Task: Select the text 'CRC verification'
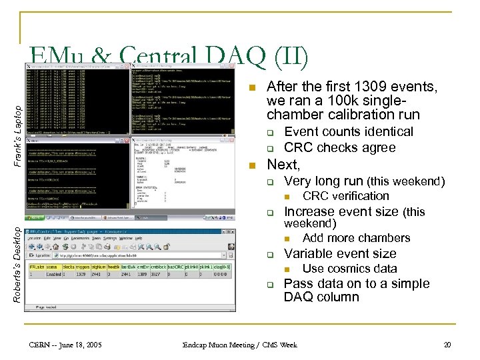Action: (x=345, y=196)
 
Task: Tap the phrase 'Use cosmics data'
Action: (x=349, y=269)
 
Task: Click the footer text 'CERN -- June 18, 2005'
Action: (x=65, y=345)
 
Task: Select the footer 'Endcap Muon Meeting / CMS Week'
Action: (x=239, y=345)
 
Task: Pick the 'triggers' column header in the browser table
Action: (x=97, y=265)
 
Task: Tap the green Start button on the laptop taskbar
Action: (x=31, y=217)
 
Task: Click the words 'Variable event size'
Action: (x=340, y=253)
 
